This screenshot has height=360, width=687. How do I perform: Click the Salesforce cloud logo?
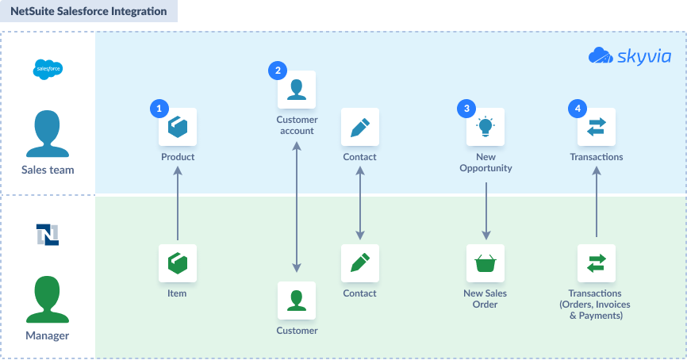pyautogui.click(x=48, y=69)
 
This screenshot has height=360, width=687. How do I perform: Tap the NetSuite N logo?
pyautogui.click(x=48, y=234)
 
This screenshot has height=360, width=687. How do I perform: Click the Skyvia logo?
pyautogui.click(x=629, y=56)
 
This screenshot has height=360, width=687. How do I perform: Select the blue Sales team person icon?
pyautogui.click(x=48, y=133)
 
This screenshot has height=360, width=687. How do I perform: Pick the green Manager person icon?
pyautogui.click(x=48, y=299)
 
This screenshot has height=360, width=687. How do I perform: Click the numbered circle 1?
pyautogui.click(x=159, y=108)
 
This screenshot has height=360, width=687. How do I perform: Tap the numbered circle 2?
pyautogui.click(x=278, y=71)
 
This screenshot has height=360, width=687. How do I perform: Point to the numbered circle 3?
pyautogui.click(x=466, y=108)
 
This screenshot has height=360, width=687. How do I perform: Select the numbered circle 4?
pyautogui.click(x=578, y=108)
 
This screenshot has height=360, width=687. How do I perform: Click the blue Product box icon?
pyautogui.click(x=178, y=127)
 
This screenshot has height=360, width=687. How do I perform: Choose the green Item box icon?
pyautogui.click(x=178, y=263)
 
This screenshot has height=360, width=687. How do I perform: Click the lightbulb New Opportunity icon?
pyautogui.click(x=486, y=127)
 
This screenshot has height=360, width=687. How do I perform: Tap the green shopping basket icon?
pyautogui.click(x=486, y=263)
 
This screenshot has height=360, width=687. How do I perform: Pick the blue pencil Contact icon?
pyautogui.click(x=360, y=127)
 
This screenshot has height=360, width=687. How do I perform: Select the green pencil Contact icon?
pyautogui.click(x=360, y=263)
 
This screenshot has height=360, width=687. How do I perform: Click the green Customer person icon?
pyautogui.click(x=297, y=301)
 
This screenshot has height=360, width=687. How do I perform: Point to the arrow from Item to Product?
pyautogui.click(x=178, y=204)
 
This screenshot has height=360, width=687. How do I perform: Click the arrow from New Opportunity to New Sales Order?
pyautogui.click(x=486, y=211)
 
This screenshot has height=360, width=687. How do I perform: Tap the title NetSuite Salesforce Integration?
pyautogui.click(x=89, y=11)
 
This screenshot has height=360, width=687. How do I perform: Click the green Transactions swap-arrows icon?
pyautogui.click(x=597, y=263)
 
